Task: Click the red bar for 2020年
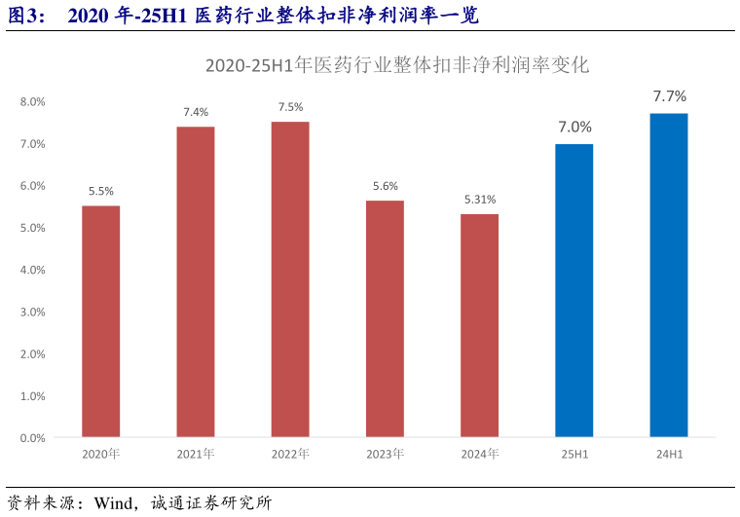point(100,321)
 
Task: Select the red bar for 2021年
point(196,281)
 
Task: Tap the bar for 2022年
point(290,279)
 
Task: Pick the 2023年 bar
point(385,318)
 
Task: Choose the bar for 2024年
point(479,325)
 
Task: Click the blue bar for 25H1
point(573,290)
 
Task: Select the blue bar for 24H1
point(669,275)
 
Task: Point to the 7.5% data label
point(290,107)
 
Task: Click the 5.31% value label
point(480,200)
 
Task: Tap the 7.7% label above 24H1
point(670,96)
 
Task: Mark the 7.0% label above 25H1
point(574,127)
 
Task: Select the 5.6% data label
point(386,186)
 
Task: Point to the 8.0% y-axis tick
point(33,101)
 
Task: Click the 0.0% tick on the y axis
point(33,438)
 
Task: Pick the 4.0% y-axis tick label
point(33,270)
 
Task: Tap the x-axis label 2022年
point(290,454)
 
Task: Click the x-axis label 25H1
point(574,454)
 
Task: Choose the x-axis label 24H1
point(669,454)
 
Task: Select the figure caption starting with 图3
point(243,16)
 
